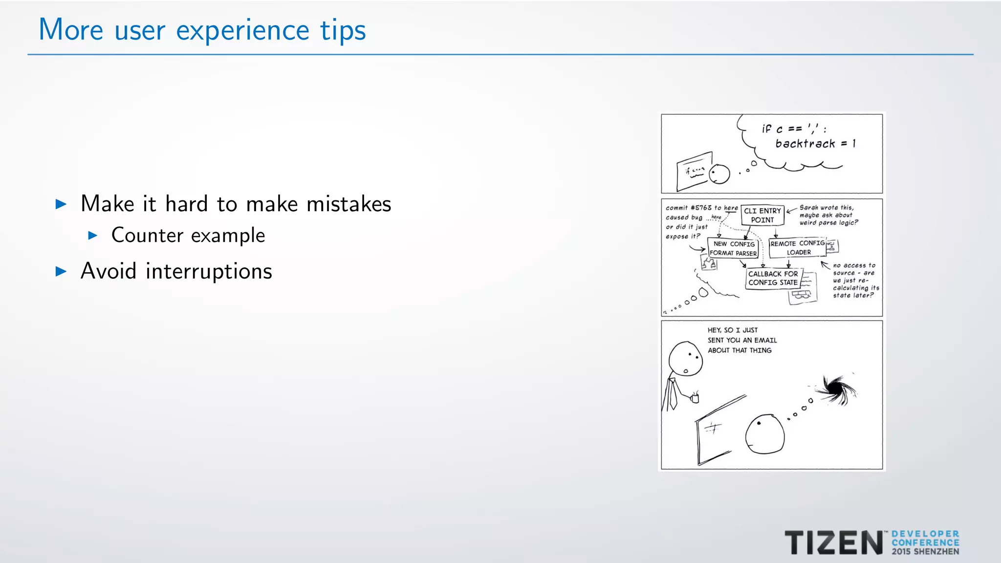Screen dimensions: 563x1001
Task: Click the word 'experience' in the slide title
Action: [x=242, y=30]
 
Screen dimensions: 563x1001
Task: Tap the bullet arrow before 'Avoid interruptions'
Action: [x=61, y=271]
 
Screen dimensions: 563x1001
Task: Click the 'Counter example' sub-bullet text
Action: [x=188, y=236]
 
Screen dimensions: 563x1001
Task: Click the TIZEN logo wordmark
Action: [x=833, y=542]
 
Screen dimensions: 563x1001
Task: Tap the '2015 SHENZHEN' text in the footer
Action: [x=925, y=552]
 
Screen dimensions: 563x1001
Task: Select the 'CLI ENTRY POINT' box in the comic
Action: [x=762, y=215]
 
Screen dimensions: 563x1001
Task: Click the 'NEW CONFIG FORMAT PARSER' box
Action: [x=733, y=248]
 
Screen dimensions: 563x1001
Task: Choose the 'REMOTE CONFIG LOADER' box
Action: [x=798, y=248]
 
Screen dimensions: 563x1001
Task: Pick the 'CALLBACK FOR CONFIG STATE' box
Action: [x=773, y=278]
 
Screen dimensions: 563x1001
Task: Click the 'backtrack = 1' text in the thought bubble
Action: [x=815, y=144]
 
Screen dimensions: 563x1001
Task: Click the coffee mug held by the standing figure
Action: [x=695, y=398]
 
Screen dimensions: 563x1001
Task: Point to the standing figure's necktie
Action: [x=673, y=394]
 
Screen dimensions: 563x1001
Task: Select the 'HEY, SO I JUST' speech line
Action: [x=732, y=330]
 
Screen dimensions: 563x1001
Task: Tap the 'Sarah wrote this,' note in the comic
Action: [x=826, y=208]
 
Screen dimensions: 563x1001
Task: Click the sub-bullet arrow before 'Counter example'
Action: [x=93, y=236]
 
